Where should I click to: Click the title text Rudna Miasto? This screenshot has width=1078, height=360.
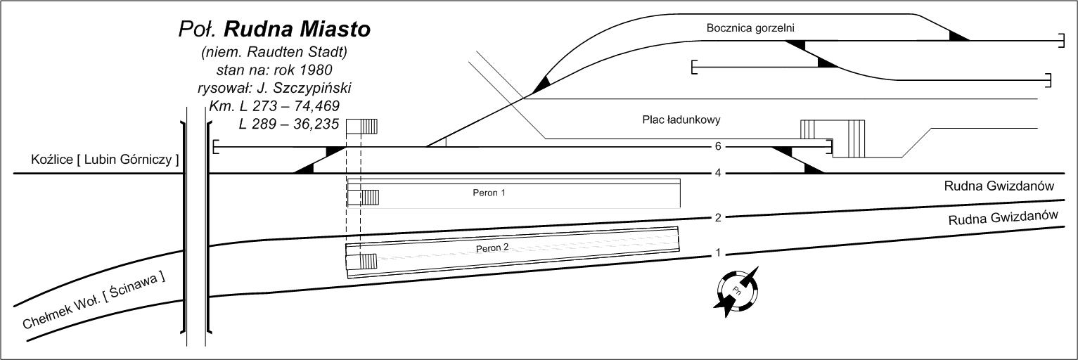[x=297, y=30]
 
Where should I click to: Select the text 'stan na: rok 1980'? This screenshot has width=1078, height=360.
[x=274, y=70]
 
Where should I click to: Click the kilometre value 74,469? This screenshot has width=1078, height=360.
[x=307, y=106]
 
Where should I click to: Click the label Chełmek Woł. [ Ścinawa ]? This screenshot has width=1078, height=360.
[x=94, y=302]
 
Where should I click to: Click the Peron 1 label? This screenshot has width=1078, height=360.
[x=489, y=192]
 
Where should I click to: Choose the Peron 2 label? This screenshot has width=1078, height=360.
[x=492, y=249]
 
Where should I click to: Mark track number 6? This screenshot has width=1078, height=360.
[x=718, y=147]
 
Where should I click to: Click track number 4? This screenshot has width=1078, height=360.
[x=718, y=173]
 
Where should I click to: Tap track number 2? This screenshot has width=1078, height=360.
[x=718, y=218]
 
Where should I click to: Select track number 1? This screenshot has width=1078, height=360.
[x=718, y=252]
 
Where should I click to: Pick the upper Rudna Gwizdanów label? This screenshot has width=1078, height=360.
[x=999, y=186]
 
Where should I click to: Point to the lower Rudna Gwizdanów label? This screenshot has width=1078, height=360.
[x=1003, y=219]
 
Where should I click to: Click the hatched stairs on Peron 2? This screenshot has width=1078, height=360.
[x=368, y=262]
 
